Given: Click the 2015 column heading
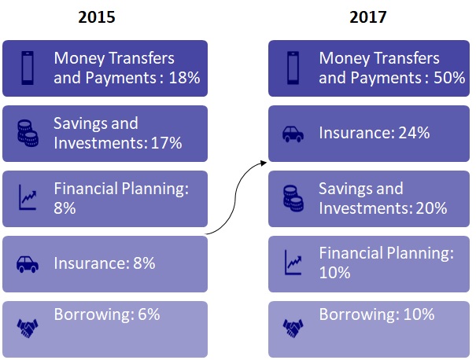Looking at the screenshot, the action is (97, 17).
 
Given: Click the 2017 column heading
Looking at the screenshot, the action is (368, 17).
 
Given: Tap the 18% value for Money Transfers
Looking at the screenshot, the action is (184, 78).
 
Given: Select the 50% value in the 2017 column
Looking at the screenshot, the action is (449, 78).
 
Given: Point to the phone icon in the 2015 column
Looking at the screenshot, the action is (28, 68).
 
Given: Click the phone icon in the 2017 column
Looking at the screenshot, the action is (293, 68).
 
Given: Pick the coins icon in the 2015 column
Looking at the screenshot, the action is (28, 133).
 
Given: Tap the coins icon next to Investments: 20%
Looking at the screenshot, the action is (293, 198).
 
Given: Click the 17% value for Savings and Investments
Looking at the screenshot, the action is (166, 143).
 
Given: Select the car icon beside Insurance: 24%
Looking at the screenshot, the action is (293, 134).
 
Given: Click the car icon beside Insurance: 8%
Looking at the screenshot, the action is (28, 264).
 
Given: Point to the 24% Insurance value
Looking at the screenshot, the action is (414, 133).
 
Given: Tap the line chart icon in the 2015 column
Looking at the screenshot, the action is (28, 197).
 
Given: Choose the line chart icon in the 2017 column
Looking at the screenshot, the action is (293, 263).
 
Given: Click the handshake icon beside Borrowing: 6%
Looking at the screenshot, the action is (28, 328).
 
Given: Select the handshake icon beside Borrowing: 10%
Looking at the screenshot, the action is (293, 328).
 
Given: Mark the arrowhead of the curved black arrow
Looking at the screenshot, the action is (264, 163).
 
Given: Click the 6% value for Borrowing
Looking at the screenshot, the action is (149, 314).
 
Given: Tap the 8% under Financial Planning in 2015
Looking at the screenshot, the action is (65, 208).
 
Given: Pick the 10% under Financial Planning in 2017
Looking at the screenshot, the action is (334, 273).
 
